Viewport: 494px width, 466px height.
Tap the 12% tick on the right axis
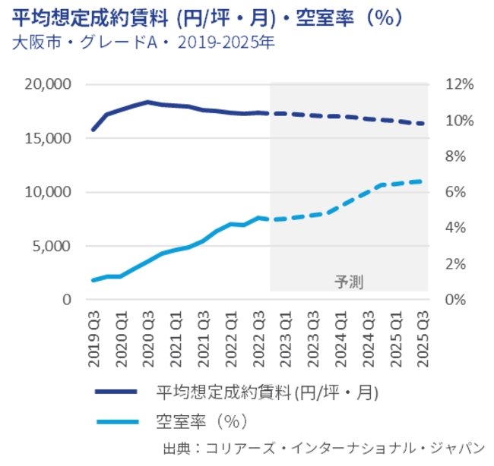[458, 84]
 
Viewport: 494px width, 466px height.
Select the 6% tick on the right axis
[454, 192]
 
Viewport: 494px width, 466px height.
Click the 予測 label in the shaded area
[349, 282]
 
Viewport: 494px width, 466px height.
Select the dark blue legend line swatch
[116, 392]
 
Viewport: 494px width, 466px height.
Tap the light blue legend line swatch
[116, 419]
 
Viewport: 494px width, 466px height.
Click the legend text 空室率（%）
[203, 419]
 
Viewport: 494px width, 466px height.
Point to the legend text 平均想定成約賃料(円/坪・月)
[267, 392]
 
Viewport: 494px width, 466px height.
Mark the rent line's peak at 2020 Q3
[147, 102]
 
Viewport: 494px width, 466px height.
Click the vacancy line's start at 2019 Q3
[93, 280]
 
